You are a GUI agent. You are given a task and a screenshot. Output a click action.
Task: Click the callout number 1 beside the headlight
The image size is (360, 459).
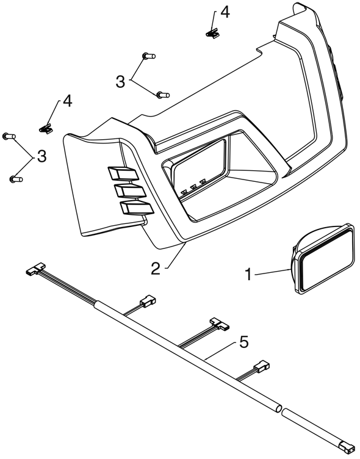tap(248, 275)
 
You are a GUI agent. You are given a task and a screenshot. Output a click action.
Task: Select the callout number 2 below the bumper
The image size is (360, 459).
tap(156, 268)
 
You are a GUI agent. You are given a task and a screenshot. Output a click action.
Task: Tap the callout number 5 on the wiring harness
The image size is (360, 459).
tap(244, 342)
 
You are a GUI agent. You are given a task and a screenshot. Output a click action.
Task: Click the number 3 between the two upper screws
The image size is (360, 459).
tap(120, 82)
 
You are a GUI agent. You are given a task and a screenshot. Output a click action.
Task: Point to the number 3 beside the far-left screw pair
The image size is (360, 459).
tap(41, 156)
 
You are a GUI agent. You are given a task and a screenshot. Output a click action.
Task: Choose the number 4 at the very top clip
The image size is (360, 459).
tap(225, 12)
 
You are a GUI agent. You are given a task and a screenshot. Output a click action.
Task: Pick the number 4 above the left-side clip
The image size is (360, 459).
tap(67, 101)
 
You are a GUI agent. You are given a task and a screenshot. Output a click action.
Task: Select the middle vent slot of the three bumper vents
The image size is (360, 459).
tap(130, 190)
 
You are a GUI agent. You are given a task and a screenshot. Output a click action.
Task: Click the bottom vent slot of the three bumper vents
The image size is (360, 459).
tap(137, 208)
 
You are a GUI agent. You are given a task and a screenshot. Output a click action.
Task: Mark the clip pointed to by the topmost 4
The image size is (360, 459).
tap(213, 34)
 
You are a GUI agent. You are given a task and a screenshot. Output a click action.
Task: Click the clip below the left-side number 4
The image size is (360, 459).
tap(46, 128)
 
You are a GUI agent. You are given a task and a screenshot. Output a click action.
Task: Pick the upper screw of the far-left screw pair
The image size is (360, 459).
tap(9, 136)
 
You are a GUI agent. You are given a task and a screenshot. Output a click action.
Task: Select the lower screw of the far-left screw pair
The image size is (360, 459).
tap(16, 179)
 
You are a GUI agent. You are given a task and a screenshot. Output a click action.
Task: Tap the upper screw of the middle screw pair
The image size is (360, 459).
tap(149, 56)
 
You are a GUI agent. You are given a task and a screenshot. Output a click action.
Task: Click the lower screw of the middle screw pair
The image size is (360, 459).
tap(163, 95)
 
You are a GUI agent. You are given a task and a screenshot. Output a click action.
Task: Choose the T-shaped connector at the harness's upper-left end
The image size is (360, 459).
tap(36, 269)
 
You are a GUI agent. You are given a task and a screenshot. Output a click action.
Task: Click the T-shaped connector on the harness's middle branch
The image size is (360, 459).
tap(220, 324)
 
